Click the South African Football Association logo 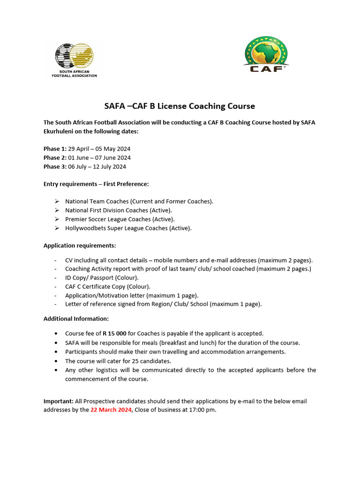click(75, 60)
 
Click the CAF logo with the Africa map click(267, 54)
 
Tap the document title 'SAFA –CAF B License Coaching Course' click(180, 106)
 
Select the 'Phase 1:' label click(55, 149)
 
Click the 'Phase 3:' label click(55, 166)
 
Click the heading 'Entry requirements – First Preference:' click(96, 184)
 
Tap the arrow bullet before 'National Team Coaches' click(56, 201)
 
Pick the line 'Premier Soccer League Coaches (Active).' click(120, 219)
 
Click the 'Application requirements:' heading click(80, 246)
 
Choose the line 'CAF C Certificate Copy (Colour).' click(108, 286)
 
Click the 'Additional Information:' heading click(76, 319)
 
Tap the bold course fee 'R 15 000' click(115, 333)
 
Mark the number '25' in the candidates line click(127, 361)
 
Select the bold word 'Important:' click(59, 401)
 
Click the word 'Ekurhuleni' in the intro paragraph click(59, 131)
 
